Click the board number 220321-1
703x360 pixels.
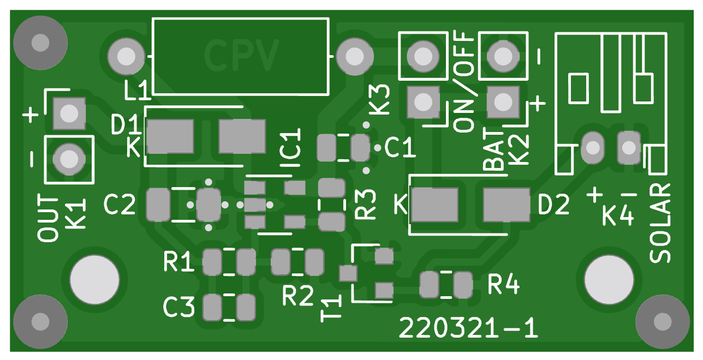coord(468,328)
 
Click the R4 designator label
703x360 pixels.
coord(503,284)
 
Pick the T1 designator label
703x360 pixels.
coord(331,309)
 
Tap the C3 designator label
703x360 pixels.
coord(178,308)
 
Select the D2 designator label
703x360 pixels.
coord(553,205)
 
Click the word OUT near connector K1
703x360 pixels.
coord(48,218)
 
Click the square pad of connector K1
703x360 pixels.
coord(69,113)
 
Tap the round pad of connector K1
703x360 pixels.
coord(69,159)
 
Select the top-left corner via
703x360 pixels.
coord(40,43)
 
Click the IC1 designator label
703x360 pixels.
coord(290,149)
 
